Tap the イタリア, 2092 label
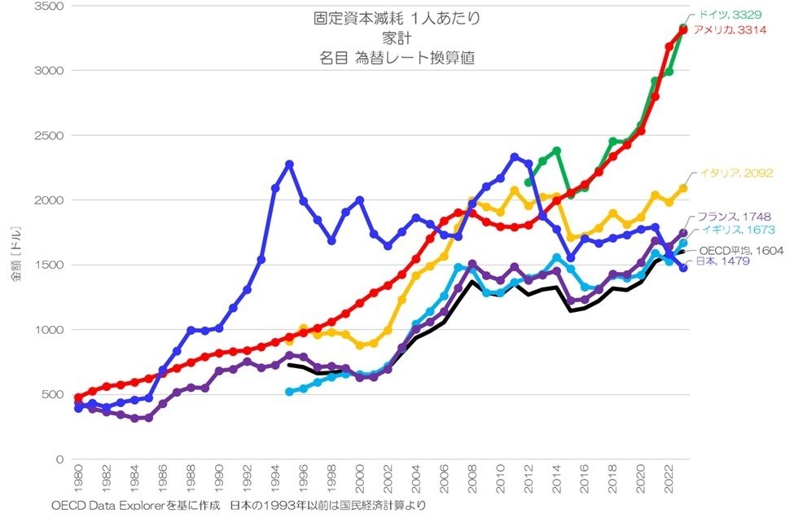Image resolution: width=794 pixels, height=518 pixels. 735,173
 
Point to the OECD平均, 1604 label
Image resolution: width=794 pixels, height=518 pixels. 740,251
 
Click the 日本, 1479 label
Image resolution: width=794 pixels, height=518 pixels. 721,261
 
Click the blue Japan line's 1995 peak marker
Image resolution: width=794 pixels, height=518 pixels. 289,165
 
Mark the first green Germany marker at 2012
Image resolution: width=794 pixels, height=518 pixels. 529,182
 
